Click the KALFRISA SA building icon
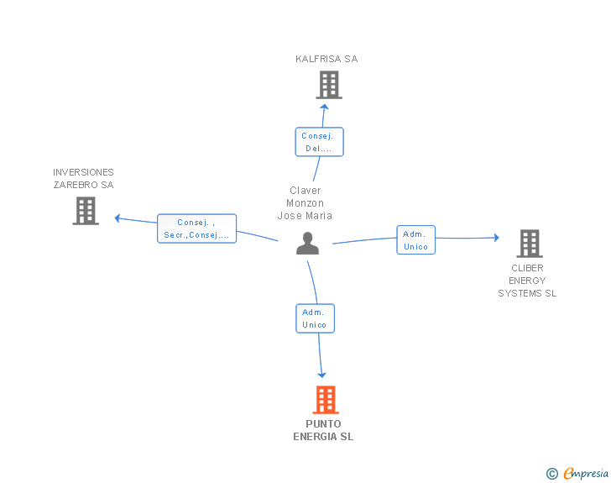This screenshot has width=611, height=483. click(x=329, y=85)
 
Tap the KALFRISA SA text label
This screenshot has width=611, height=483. click(x=326, y=59)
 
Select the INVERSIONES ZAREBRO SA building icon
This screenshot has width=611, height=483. click(x=86, y=211)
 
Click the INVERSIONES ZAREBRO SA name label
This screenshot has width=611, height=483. click(x=83, y=178)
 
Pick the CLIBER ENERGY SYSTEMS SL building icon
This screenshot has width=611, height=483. click(x=530, y=244)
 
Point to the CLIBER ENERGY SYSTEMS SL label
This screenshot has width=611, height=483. click(x=527, y=281)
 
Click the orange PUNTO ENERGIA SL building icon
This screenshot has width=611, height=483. click(x=326, y=400)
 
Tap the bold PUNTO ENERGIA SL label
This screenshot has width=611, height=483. click(x=323, y=430)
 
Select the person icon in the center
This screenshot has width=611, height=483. click(x=307, y=244)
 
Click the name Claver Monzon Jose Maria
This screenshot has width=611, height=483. click(x=305, y=203)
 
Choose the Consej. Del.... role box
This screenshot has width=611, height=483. click(x=320, y=142)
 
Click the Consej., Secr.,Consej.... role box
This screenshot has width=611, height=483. click(x=196, y=228)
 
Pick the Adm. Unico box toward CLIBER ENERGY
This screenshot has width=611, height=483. click(x=415, y=240)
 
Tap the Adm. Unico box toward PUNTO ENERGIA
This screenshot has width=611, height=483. click(x=316, y=318)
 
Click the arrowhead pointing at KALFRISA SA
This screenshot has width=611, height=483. click(x=324, y=107)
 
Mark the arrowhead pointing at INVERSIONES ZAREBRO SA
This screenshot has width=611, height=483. click(x=117, y=218)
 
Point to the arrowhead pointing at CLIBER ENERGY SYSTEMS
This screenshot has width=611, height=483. click(x=497, y=237)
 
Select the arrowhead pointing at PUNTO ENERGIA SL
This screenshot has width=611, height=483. click(x=322, y=375)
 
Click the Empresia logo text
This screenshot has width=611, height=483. click(x=586, y=473)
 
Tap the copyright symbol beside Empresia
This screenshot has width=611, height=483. click(x=552, y=474)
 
